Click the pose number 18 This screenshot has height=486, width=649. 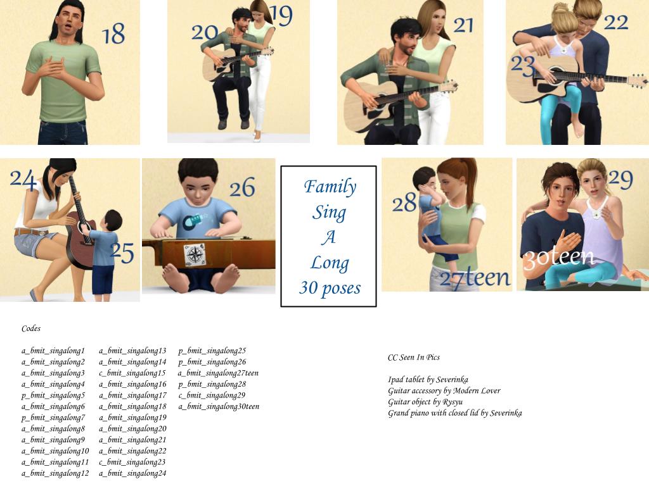click(113, 34)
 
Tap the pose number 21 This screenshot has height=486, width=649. click(463, 25)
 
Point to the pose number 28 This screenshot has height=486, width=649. click(404, 202)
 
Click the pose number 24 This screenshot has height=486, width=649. click(23, 180)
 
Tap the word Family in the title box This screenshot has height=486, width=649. click(330, 187)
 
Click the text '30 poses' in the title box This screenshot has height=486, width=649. click(330, 288)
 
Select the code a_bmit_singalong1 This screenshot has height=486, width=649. click(53, 351)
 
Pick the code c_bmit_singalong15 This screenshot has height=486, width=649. click(132, 373)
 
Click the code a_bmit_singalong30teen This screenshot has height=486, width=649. click(219, 407)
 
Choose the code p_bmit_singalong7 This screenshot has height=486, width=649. click(53, 418)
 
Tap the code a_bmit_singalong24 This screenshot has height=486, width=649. click(132, 473)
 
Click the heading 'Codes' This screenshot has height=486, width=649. click(31, 328)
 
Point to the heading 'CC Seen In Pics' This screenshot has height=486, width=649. click(413, 358)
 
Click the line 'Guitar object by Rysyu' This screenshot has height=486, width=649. click(425, 402)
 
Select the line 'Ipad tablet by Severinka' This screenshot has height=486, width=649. click(428, 380)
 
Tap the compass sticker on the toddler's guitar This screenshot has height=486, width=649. click(194, 255)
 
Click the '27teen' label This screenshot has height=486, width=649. click(475, 278)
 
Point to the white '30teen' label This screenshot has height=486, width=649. click(559, 258)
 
